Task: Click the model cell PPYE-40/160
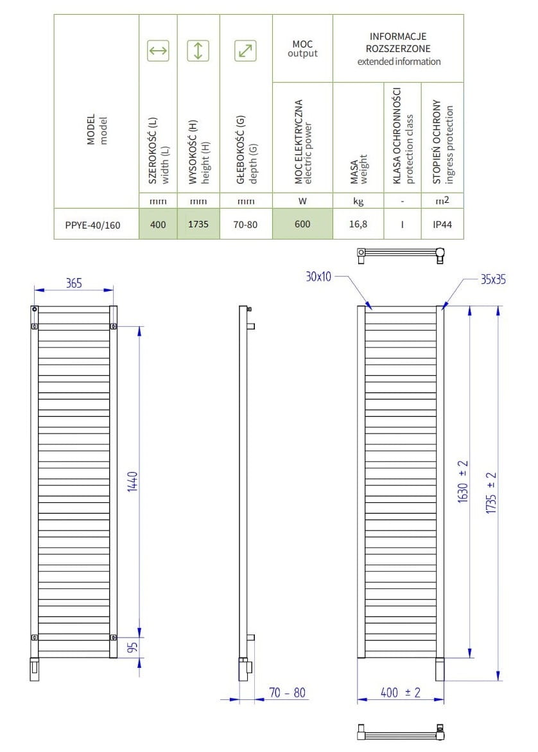coord(92,225)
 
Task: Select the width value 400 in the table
coord(158,224)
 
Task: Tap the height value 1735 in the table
coord(198,224)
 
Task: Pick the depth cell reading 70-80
coord(245,224)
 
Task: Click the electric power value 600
coord(302,224)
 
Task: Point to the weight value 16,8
coord(358,224)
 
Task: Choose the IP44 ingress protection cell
coord(442,224)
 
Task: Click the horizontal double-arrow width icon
coord(158,50)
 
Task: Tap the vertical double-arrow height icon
coord(198,50)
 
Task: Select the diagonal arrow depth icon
coord(245,50)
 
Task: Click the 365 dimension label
coord(74,283)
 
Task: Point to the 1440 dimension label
coord(132,481)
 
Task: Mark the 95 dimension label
coord(132,647)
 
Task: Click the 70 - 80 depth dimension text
coord(287,692)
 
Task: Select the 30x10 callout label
coord(318,277)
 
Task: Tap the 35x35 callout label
coord(493,279)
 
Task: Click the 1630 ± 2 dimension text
coord(463,481)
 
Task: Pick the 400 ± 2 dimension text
coord(401,692)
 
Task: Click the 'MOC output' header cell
coord(302,48)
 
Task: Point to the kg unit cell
coord(358,201)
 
